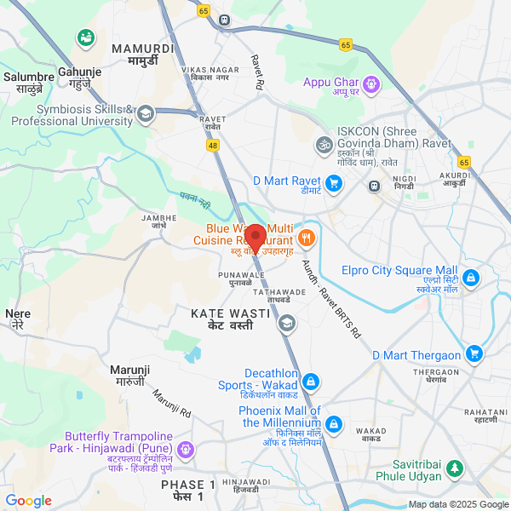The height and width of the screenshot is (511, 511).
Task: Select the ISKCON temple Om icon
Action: coord(323,145)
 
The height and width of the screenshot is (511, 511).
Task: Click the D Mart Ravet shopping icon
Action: coord(334,181)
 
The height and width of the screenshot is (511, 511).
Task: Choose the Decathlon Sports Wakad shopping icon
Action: coord(312,381)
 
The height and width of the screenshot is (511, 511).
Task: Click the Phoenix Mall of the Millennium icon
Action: coord(334,423)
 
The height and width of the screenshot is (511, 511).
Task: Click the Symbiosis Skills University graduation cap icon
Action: coord(146,114)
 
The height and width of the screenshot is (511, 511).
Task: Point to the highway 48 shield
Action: coord(211,146)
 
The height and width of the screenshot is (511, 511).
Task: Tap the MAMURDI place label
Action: coord(144,55)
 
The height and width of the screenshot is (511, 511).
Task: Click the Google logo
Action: coord(28,501)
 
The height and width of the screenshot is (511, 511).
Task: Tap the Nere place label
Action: coord(18,319)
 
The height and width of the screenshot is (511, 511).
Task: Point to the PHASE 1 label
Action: coord(188,490)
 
